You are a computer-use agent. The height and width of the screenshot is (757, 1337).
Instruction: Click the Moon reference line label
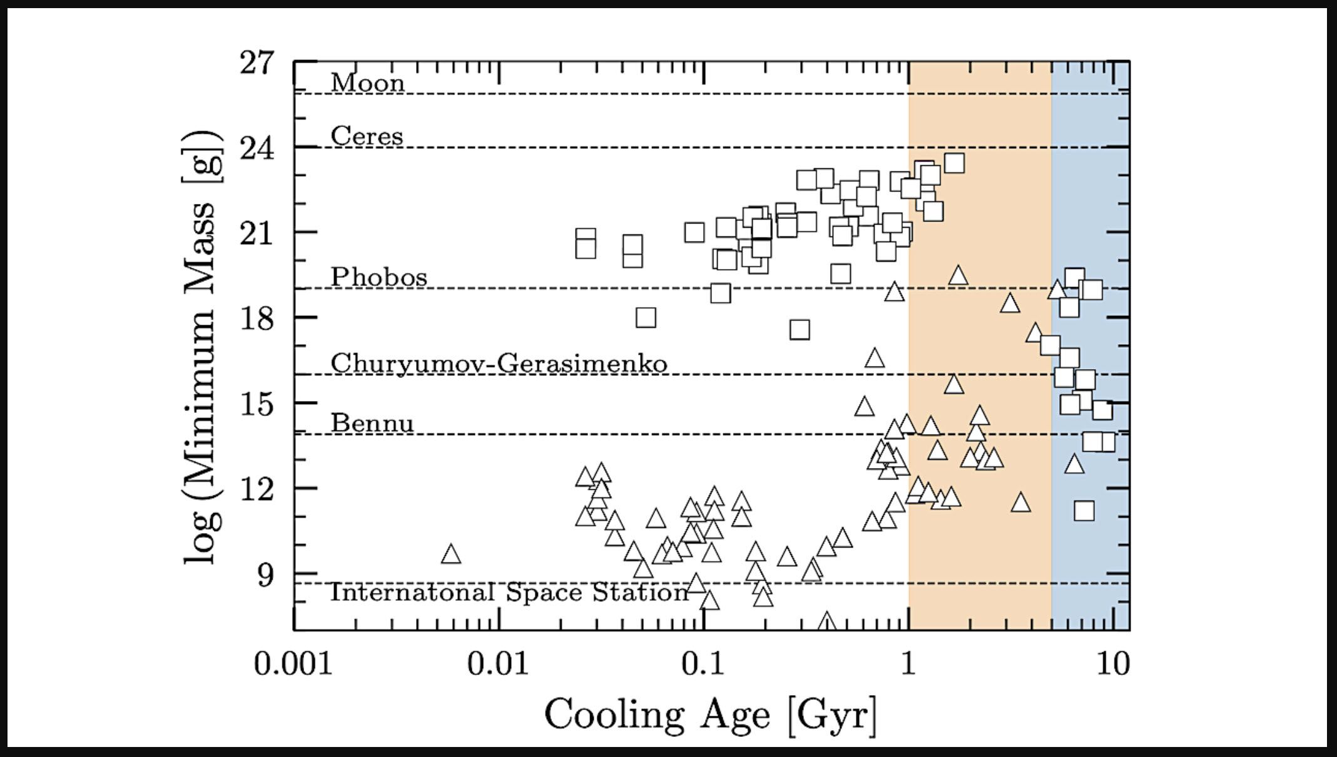(367, 83)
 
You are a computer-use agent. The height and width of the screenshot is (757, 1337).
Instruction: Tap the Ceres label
(367, 136)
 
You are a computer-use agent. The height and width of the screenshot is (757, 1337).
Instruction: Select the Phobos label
(379, 277)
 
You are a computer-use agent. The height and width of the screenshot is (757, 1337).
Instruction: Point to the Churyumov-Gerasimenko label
(499, 363)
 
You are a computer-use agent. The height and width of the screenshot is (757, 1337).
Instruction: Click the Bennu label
(372, 423)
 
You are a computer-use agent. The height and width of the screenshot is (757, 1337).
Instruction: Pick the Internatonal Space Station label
(509, 592)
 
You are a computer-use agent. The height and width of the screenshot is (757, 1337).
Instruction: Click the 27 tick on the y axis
(257, 63)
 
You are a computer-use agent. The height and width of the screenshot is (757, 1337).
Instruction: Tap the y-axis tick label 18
(257, 318)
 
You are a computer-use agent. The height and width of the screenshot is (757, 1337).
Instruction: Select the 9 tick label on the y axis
(265, 574)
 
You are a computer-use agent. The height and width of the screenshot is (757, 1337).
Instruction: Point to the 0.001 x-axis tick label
(293, 664)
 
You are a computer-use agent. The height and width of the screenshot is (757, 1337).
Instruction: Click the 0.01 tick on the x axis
(498, 664)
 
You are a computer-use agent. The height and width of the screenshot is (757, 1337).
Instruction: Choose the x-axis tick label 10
(1113, 664)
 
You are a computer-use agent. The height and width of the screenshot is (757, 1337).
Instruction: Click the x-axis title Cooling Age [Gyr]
(711, 714)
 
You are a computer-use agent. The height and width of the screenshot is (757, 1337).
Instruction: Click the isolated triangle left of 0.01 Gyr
(450, 555)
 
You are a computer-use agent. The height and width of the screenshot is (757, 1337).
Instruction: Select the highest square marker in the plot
(953, 163)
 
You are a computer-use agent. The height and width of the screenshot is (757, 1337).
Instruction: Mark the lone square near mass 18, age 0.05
(646, 317)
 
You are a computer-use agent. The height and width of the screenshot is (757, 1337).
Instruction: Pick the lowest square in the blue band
(1084, 511)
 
